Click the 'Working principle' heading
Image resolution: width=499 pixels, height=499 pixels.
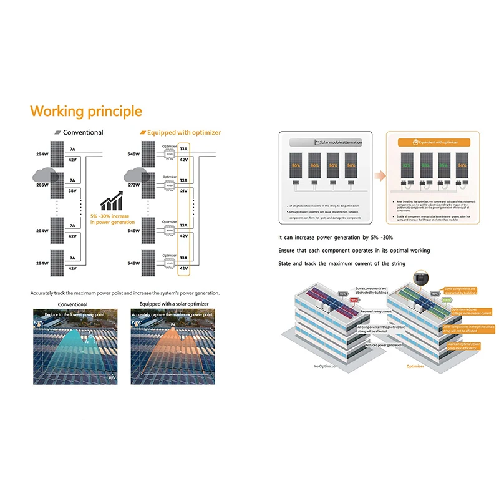point(86,112)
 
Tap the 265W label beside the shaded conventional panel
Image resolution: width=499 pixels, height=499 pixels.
point(42,185)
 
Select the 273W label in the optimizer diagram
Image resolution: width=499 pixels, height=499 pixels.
point(133,185)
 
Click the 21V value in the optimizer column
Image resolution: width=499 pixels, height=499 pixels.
point(183,191)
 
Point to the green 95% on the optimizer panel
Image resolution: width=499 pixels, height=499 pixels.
point(443,166)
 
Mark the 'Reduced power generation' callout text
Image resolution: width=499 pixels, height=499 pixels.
point(384,345)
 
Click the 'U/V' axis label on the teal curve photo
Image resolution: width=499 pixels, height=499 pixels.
point(112,378)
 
